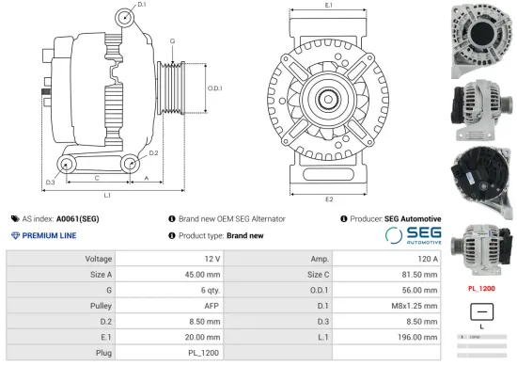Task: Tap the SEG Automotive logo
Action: point(412,235)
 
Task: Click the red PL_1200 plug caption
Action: point(481,288)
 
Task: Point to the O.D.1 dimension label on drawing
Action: point(213,88)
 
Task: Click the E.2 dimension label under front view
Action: point(329,200)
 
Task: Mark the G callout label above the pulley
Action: point(172,41)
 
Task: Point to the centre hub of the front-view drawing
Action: point(329,97)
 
